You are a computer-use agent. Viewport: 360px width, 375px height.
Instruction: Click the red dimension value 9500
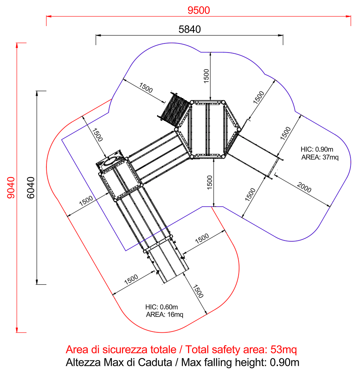click(199, 10)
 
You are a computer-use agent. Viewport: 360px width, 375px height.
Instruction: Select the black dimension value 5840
click(190, 29)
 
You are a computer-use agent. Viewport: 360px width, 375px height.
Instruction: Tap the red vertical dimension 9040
click(11, 188)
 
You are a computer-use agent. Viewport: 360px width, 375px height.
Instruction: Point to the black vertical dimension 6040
click(31, 188)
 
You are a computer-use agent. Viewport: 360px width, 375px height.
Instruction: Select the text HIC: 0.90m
click(317, 149)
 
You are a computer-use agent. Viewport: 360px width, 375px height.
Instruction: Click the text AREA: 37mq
click(320, 157)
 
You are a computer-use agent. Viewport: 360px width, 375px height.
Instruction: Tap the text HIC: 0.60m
click(162, 307)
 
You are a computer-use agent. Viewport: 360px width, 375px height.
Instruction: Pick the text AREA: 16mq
click(165, 315)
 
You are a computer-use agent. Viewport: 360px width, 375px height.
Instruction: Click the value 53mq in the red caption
click(284, 350)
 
